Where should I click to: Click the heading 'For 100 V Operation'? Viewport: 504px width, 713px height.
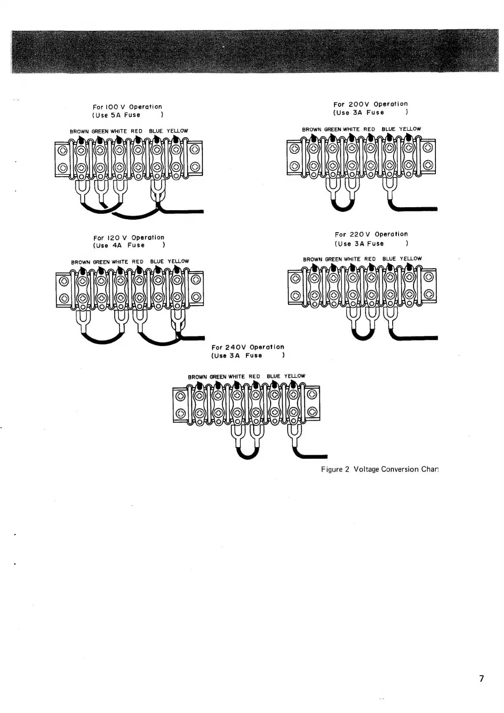pos(127,107)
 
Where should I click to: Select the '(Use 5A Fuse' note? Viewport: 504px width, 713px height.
pos(116,115)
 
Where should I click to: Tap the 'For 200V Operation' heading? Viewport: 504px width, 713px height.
pos(370,104)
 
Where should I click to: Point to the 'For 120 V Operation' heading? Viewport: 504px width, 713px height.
pos(129,238)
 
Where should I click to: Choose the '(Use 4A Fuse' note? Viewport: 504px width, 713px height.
pos(119,245)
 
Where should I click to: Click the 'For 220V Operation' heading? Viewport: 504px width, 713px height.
pos(371,234)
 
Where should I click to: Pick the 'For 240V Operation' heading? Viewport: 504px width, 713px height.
pos(248,347)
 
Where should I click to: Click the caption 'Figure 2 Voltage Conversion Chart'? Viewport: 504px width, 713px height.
pos(379,469)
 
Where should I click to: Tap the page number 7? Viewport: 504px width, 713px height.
pos(481,678)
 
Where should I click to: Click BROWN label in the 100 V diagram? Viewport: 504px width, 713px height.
pos(79,131)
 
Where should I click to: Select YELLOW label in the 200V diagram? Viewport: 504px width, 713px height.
pos(410,129)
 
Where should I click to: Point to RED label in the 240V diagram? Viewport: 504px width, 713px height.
pos(254,376)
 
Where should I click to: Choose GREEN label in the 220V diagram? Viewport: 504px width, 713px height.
pos(333,259)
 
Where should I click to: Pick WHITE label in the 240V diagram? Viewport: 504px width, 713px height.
pos(236,376)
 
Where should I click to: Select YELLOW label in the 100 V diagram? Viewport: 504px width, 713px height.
pos(177,131)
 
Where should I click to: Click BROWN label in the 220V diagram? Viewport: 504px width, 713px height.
pos(312,259)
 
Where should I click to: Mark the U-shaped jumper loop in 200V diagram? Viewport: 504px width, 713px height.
pos(342,206)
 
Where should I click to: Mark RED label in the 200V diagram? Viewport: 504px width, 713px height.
pos(369,129)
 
